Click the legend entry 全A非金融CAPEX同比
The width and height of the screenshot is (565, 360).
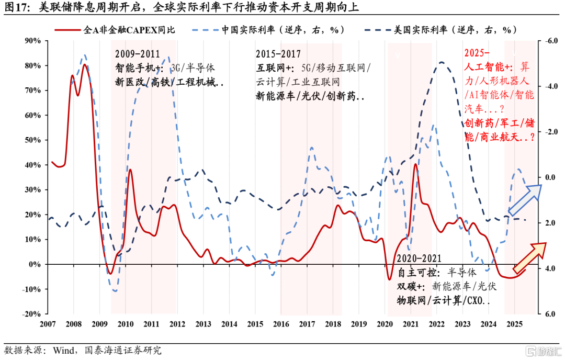coord(129,30)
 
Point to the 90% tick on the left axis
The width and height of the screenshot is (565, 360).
coord(33,41)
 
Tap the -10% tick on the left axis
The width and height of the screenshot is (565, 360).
coord(32,289)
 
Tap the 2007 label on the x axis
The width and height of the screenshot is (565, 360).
coord(48,324)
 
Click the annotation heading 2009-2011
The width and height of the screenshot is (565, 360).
coord(138,54)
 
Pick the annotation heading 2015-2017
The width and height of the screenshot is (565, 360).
coord(278,54)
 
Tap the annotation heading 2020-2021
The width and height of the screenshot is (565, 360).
coord(419,258)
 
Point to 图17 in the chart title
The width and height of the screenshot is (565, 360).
coord(17,8)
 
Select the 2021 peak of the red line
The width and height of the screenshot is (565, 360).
coord(415,164)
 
